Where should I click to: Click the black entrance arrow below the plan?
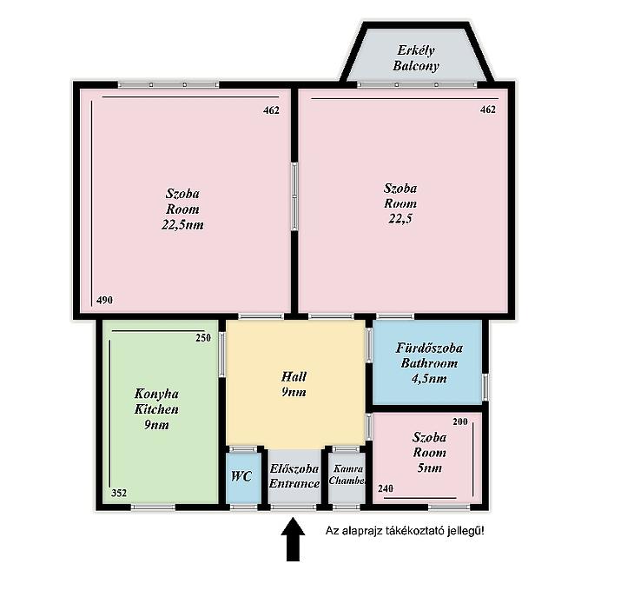pyautogui.click(x=293, y=539)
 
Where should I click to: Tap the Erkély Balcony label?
pyautogui.click(x=416, y=58)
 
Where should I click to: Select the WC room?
pyautogui.click(x=243, y=477)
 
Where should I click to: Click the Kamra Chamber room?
pyautogui.click(x=347, y=477)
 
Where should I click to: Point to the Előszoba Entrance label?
pyautogui.click(x=294, y=476)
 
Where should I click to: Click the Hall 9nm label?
pyautogui.click(x=294, y=384)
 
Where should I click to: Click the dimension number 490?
pyautogui.click(x=105, y=300)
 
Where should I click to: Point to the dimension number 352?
pyautogui.click(x=119, y=493)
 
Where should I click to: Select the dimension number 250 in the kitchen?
pyautogui.click(x=203, y=338)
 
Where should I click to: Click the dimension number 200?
pyautogui.click(x=460, y=421)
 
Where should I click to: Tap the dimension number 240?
pyautogui.click(x=386, y=488)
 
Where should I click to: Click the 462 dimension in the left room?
pyautogui.click(x=271, y=110)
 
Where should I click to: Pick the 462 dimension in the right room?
pyautogui.click(x=488, y=109)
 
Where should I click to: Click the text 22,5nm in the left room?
pyautogui.click(x=182, y=224)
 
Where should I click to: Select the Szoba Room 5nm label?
pyautogui.click(x=429, y=452)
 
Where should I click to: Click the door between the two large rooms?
pyautogui.click(x=294, y=196)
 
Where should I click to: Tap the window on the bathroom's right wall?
pyautogui.click(x=485, y=387)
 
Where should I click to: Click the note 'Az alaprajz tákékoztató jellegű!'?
pyautogui.click(x=405, y=531)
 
